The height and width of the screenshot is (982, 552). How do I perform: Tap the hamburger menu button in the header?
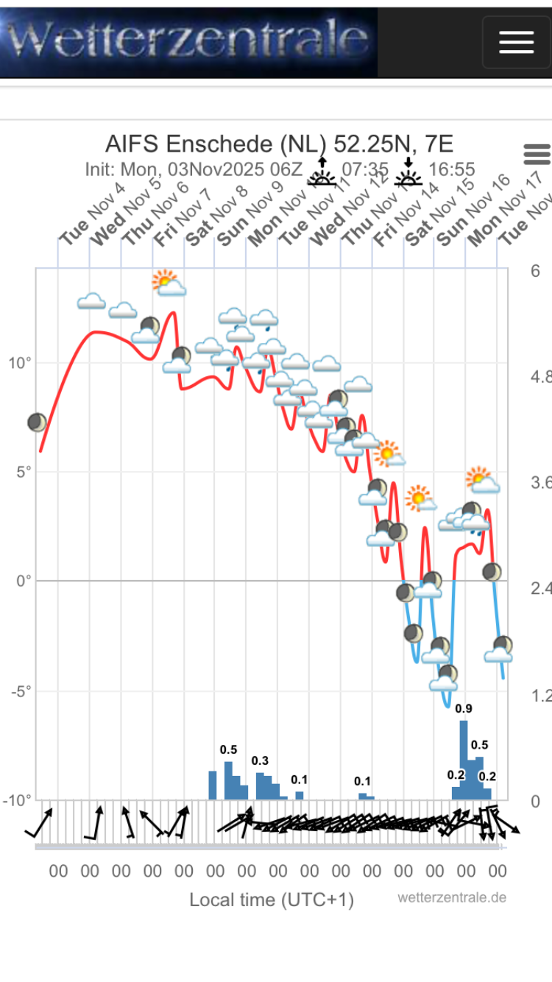[x=516, y=42]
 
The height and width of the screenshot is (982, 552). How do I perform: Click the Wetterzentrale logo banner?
[x=188, y=41]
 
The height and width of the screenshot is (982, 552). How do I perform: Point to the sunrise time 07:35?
[x=365, y=169]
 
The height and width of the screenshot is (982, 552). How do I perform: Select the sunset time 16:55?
[x=451, y=169]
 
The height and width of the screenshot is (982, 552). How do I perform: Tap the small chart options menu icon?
[x=537, y=155]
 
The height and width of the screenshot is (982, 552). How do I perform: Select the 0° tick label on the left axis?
[x=24, y=581]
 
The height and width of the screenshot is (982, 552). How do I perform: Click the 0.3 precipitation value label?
[x=260, y=760]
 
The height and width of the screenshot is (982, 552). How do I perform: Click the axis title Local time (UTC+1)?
[x=272, y=900]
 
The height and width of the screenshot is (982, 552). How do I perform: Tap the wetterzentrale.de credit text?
[x=452, y=897]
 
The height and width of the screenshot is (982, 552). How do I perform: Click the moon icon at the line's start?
[x=37, y=423]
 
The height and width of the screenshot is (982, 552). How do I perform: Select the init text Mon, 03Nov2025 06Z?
[x=194, y=169]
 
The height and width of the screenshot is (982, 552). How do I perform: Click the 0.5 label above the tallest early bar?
[x=228, y=749]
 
